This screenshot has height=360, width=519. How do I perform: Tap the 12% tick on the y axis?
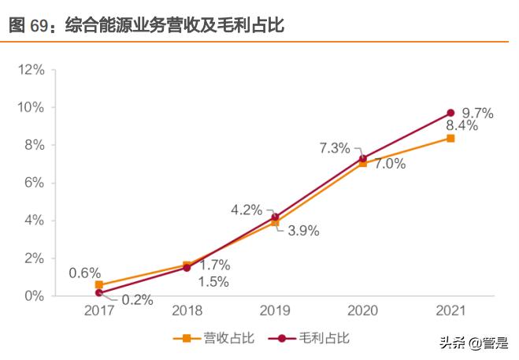pos(30,69)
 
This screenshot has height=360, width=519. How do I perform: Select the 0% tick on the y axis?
pos(33,296)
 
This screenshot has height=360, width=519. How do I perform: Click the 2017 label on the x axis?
pos(99,310)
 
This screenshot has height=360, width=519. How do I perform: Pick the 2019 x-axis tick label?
pos(275,310)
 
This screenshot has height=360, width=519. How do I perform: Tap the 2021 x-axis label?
pos(450,310)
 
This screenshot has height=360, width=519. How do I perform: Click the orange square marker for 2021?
pos(450,138)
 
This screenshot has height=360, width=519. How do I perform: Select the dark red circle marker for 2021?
pos(450,113)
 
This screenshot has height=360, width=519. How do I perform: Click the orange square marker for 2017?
pos(99,284)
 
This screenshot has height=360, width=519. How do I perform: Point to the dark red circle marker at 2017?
pos(99,292)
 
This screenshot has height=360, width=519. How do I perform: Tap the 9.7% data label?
pos(478,113)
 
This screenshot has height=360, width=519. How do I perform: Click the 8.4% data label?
pos(462,126)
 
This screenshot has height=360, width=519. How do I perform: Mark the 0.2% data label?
pos(136,300)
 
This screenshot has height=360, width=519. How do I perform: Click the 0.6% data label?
pos(84,273)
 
